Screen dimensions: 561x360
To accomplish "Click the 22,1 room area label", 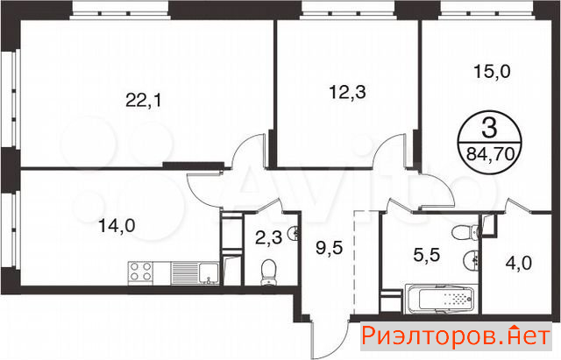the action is pyautogui.click(x=144, y=101).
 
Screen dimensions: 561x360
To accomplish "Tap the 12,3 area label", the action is pyautogui.click(x=347, y=92).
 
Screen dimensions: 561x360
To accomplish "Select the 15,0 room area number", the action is pyautogui.click(x=492, y=72).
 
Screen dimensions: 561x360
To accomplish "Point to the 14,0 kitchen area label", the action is pyautogui.click(x=117, y=226).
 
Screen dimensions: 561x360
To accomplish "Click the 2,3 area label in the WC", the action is pyautogui.click(x=269, y=237).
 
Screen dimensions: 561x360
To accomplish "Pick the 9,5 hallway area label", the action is pyautogui.click(x=330, y=248).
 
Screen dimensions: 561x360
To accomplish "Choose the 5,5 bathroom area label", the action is pyautogui.click(x=427, y=255).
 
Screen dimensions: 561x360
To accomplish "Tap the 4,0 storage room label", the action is pyautogui.click(x=518, y=264).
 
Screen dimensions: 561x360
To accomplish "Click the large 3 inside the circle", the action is pyautogui.click(x=489, y=129).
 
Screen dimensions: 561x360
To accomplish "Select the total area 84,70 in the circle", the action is pyautogui.click(x=491, y=155).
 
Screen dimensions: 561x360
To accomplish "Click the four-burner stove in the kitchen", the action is pyautogui.click(x=140, y=273).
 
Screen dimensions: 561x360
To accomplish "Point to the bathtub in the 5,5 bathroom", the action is pyautogui.click(x=441, y=300).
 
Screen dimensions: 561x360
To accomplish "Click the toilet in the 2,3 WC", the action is pyautogui.click(x=268, y=272).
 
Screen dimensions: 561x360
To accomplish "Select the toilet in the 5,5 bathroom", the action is pyautogui.click(x=465, y=233).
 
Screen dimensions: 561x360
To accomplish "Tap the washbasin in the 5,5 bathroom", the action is pyautogui.click(x=472, y=258).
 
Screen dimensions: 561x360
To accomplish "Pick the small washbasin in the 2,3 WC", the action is pyautogui.click(x=294, y=233).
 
